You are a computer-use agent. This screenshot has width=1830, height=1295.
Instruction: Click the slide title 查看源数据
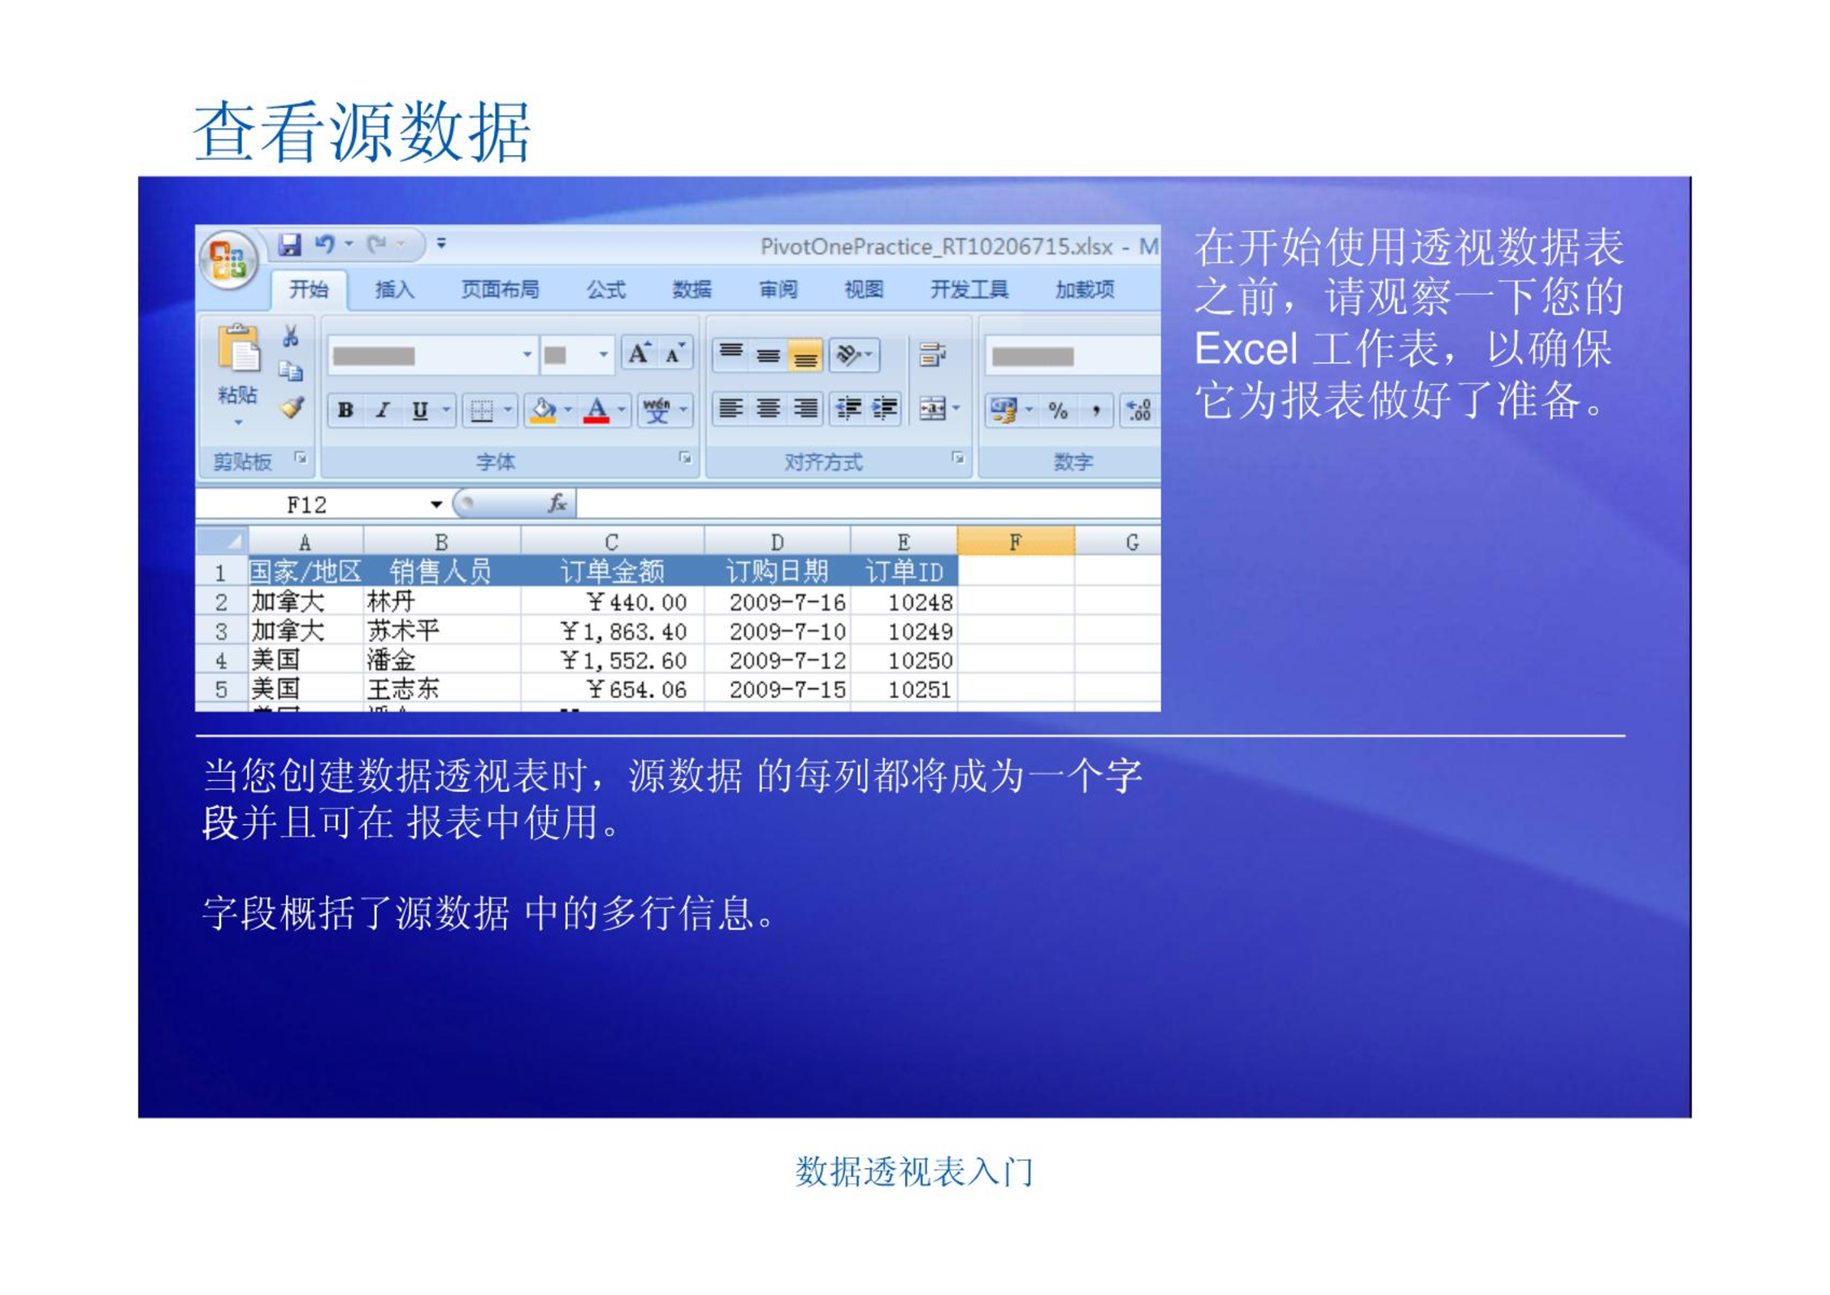click(362, 132)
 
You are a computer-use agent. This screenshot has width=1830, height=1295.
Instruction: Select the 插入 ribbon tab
click(395, 289)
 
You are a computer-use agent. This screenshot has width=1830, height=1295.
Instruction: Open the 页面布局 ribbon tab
click(500, 289)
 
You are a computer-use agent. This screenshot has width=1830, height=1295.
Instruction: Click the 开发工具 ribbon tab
click(969, 289)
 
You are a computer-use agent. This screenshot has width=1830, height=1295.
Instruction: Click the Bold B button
click(345, 410)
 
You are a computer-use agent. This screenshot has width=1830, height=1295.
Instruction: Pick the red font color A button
click(596, 410)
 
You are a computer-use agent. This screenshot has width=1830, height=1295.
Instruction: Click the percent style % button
click(1057, 410)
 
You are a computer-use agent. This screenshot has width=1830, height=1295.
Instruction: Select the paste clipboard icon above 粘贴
click(239, 349)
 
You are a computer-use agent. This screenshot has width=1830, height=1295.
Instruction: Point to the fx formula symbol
click(557, 504)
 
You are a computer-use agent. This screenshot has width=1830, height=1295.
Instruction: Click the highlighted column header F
click(1016, 541)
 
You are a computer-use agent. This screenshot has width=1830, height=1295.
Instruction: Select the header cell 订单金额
click(612, 571)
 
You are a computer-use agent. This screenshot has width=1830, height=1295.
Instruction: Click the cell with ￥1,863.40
click(623, 631)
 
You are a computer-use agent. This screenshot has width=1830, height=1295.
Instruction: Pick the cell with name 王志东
click(403, 689)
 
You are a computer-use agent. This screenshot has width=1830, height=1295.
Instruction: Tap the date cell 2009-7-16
click(787, 602)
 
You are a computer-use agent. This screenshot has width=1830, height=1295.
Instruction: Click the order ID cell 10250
click(920, 660)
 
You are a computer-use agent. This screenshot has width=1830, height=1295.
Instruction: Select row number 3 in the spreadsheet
click(221, 631)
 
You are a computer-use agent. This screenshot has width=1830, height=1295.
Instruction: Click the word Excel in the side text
click(1245, 349)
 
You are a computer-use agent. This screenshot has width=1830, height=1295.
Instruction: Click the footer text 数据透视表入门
click(914, 1172)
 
